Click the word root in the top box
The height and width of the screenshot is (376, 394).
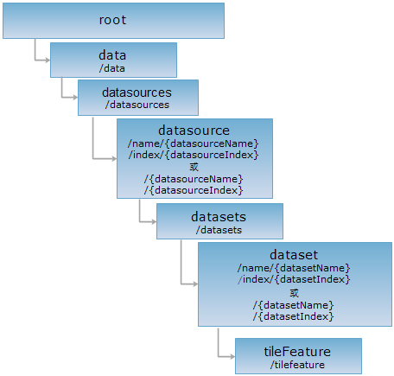112,20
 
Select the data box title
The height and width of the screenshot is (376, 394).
112,55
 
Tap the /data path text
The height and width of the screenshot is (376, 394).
112,68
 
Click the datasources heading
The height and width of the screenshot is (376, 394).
137,92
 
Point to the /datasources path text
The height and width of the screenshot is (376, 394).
137,105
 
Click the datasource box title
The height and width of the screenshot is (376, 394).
194,131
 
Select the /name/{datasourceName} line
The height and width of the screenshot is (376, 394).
194,143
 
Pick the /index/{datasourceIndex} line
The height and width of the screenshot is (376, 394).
194,155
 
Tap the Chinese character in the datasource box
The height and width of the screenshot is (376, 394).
194,167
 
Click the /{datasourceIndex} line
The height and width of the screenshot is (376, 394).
194,190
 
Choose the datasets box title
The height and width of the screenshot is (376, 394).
219,217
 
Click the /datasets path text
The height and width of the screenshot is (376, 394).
219,230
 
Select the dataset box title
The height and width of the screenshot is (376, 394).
294,255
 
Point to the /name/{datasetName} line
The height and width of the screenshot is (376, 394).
294,268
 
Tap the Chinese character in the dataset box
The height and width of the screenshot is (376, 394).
294,293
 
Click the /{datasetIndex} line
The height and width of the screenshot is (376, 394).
294,316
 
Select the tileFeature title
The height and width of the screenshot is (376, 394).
297,352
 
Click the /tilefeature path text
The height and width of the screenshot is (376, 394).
297,365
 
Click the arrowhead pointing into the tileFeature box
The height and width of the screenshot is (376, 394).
232,357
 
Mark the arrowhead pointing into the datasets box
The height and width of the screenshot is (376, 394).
154,222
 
